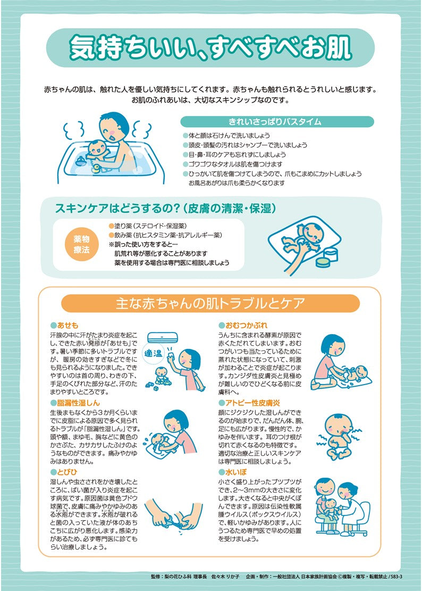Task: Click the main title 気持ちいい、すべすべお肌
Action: click(x=210, y=48)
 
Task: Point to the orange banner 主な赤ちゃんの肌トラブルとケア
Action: click(x=210, y=304)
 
